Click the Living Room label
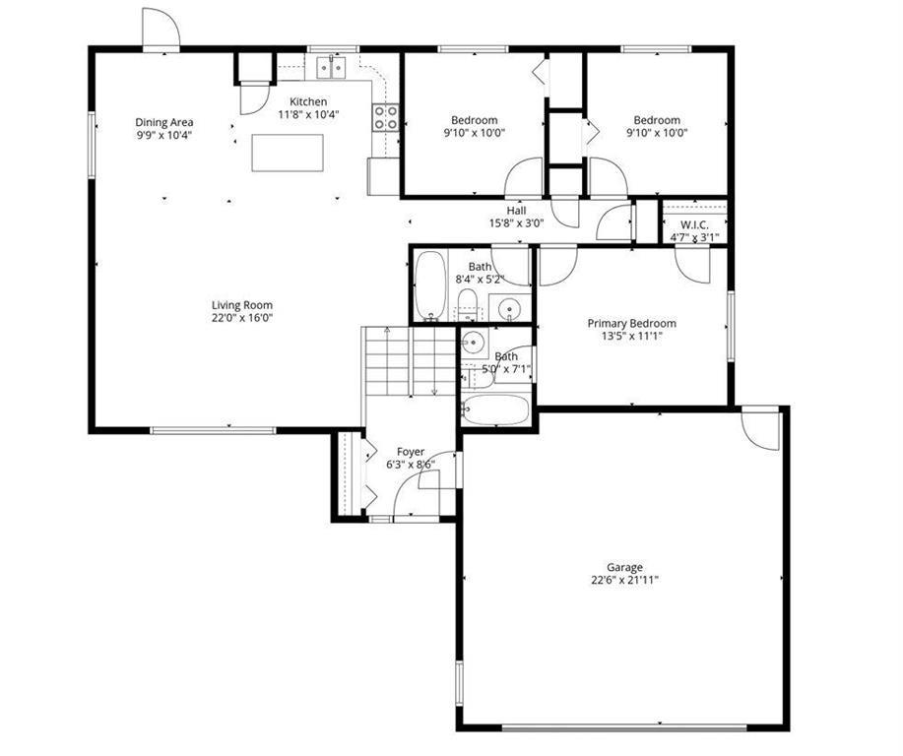pyautogui.click(x=242, y=305)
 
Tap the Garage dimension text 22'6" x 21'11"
pyautogui.click(x=624, y=581)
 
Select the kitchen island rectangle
pyautogui.click(x=288, y=153)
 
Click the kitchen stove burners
pyautogui.click(x=385, y=117)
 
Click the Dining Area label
pyautogui.click(x=164, y=122)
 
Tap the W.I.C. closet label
pyautogui.click(x=694, y=224)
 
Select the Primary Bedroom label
pyautogui.click(x=632, y=323)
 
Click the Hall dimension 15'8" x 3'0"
pyautogui.click(x=517, y=222)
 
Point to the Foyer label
pyautogui.click(x=411, y=452)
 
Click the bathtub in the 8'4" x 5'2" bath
pyautogui.click(x=430, y=285)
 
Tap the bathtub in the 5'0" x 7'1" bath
pyautogui.click(x=495, y=409)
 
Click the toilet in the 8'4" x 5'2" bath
pyautogui.click(x=468, y=304)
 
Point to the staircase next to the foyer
pyautogui.click(x=410, y=361)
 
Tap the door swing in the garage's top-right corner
pyautogui.click(x=760, y=428)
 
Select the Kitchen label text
pyautogui.click(x=308, y=102)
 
